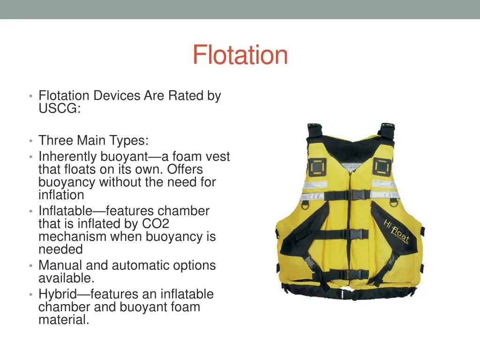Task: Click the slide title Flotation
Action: coord(240,55)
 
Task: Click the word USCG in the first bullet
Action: coord(59,109)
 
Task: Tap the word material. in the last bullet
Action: coord(64,320)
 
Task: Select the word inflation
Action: coord(61,195)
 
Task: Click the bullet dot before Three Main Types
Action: coord(30,141)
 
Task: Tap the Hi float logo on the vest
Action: coord(397,231)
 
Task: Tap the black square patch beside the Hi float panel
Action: coord(382,166)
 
